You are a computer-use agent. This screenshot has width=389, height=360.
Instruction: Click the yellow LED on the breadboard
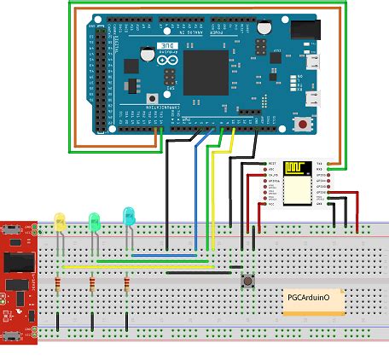click(60, 222)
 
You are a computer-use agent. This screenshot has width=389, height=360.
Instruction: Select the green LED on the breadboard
click(95, 222)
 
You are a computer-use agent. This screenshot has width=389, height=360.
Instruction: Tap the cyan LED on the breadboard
click(129, 217)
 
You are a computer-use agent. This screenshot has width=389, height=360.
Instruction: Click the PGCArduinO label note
click(313, 300)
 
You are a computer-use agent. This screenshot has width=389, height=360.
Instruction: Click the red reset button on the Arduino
click(301, 123)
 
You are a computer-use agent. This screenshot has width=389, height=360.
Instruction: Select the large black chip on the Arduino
click(206, 72)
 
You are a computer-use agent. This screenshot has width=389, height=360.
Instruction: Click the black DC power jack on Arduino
click(303, 30)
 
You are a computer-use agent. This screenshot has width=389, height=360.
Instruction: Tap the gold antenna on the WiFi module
click(299, 167)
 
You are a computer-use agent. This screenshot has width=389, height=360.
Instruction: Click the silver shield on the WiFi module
click(298, 192)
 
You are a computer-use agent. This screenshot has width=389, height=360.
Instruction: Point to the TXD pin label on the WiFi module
click(319, 162)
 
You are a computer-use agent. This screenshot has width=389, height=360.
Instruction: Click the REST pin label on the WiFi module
click(272, 162)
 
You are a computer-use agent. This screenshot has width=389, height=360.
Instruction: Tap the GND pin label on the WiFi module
click(319, 204)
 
